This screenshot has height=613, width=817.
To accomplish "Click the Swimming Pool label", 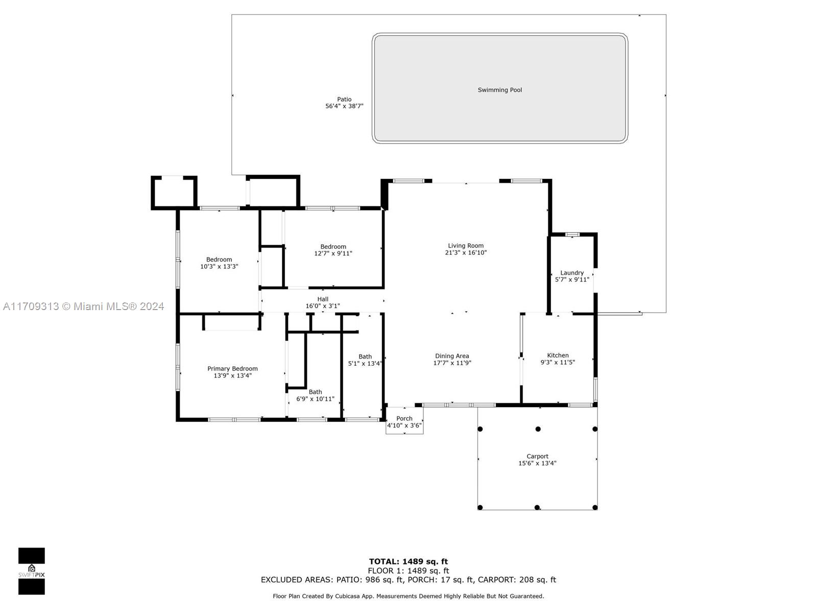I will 499,90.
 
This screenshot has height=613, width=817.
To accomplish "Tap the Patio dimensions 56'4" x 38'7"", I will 344,106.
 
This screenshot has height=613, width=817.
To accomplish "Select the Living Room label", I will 466,246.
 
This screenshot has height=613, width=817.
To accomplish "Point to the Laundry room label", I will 571,273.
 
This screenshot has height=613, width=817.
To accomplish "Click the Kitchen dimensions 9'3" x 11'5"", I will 558,362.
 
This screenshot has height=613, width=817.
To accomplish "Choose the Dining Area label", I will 452,356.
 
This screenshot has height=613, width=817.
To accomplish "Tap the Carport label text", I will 537,456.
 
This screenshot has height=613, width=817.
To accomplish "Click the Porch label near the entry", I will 404,418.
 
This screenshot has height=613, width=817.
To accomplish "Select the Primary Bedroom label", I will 232,368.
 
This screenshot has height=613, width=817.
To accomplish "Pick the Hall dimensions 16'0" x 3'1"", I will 322,306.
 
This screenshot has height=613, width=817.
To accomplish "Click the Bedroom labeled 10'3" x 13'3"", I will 219,260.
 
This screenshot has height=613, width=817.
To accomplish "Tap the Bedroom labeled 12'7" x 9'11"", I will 333,247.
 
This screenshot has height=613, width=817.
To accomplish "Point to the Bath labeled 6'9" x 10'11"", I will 315,392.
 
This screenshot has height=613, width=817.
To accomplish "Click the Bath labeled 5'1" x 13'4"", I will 365,357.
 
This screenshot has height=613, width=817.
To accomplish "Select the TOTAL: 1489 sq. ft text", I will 408,561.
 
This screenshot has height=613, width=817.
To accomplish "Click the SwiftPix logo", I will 32,571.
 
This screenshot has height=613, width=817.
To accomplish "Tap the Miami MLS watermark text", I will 83,306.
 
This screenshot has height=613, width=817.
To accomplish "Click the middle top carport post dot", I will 538,429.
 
